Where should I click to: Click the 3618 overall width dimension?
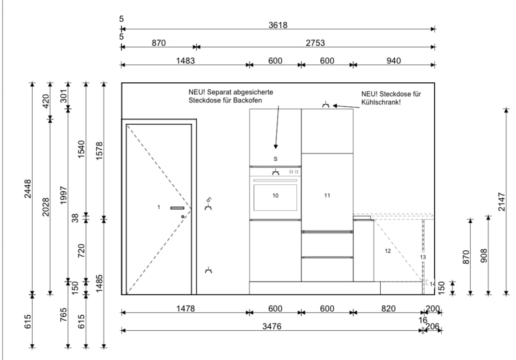click(x=278, y=25)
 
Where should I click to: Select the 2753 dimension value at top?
click(x=315, y=43)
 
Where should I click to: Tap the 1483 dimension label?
click(x=186, y=61)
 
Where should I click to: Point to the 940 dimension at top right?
click(x=393, y=61)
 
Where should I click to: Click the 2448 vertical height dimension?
click(x=28, y=189)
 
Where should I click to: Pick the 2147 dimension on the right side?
click(x=501, y=202)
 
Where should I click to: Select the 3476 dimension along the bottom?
click(x=272, y=326)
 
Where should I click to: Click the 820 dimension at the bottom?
click(x=388, y=309)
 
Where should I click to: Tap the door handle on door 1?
click(x=177, y=208)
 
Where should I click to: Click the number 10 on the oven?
click(x=276, y=196)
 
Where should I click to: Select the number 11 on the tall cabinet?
click(x=327, y=196)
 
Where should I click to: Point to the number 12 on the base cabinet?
click(x=388, y=251)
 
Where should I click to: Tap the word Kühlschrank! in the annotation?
click(x=381, y=102)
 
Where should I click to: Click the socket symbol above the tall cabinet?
click(x=326, y=105)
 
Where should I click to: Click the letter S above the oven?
click(x=276, y=159)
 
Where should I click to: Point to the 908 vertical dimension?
click(x=484, y=256)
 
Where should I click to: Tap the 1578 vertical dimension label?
click(x=100, y=151)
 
